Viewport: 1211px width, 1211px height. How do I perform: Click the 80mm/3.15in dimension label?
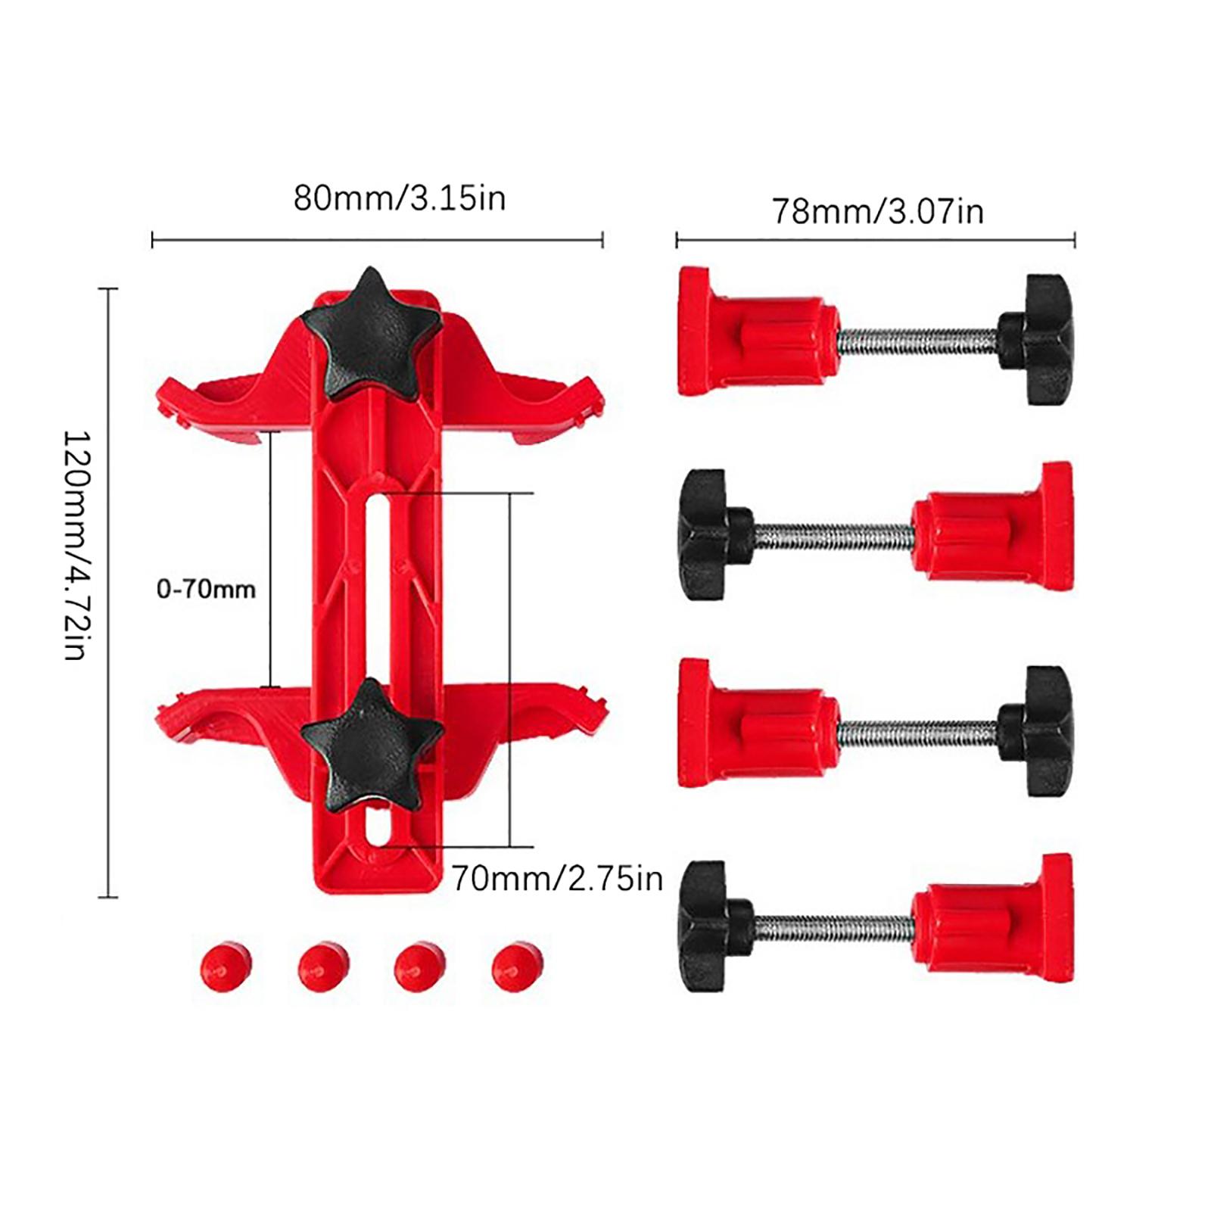click(399, 198)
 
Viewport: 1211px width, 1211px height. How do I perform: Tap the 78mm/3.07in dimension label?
click(877, 211)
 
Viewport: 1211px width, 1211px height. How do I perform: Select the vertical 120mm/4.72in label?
click(76, 545)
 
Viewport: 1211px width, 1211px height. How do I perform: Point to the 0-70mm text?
click(206, 589)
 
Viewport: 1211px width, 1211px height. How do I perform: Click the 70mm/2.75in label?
click(557, 879)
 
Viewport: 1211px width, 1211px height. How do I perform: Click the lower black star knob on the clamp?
click(371, 746)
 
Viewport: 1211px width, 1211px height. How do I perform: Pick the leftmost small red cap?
click(226, 967)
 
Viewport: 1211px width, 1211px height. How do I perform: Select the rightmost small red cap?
click(518, 967)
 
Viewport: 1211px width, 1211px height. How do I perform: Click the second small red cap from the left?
click(323, 967)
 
